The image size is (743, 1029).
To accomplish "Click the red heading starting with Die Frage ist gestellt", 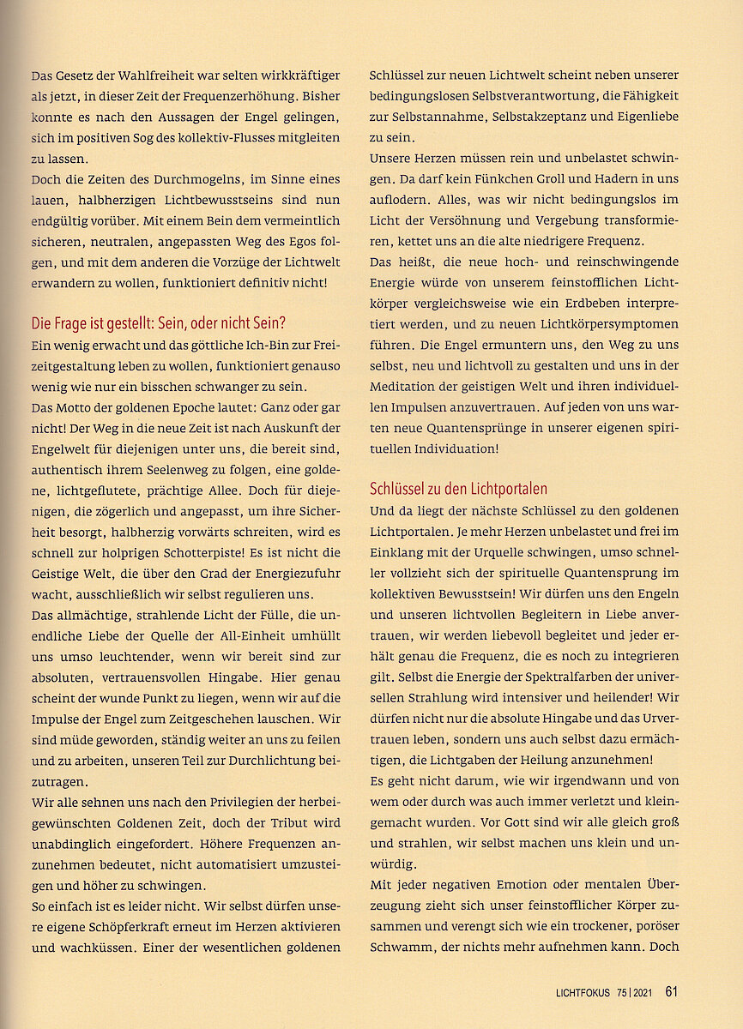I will tap(158, 323).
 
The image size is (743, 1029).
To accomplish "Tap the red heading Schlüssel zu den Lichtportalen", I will tap(458, 490).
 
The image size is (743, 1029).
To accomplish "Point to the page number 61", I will tap(672, 992).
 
